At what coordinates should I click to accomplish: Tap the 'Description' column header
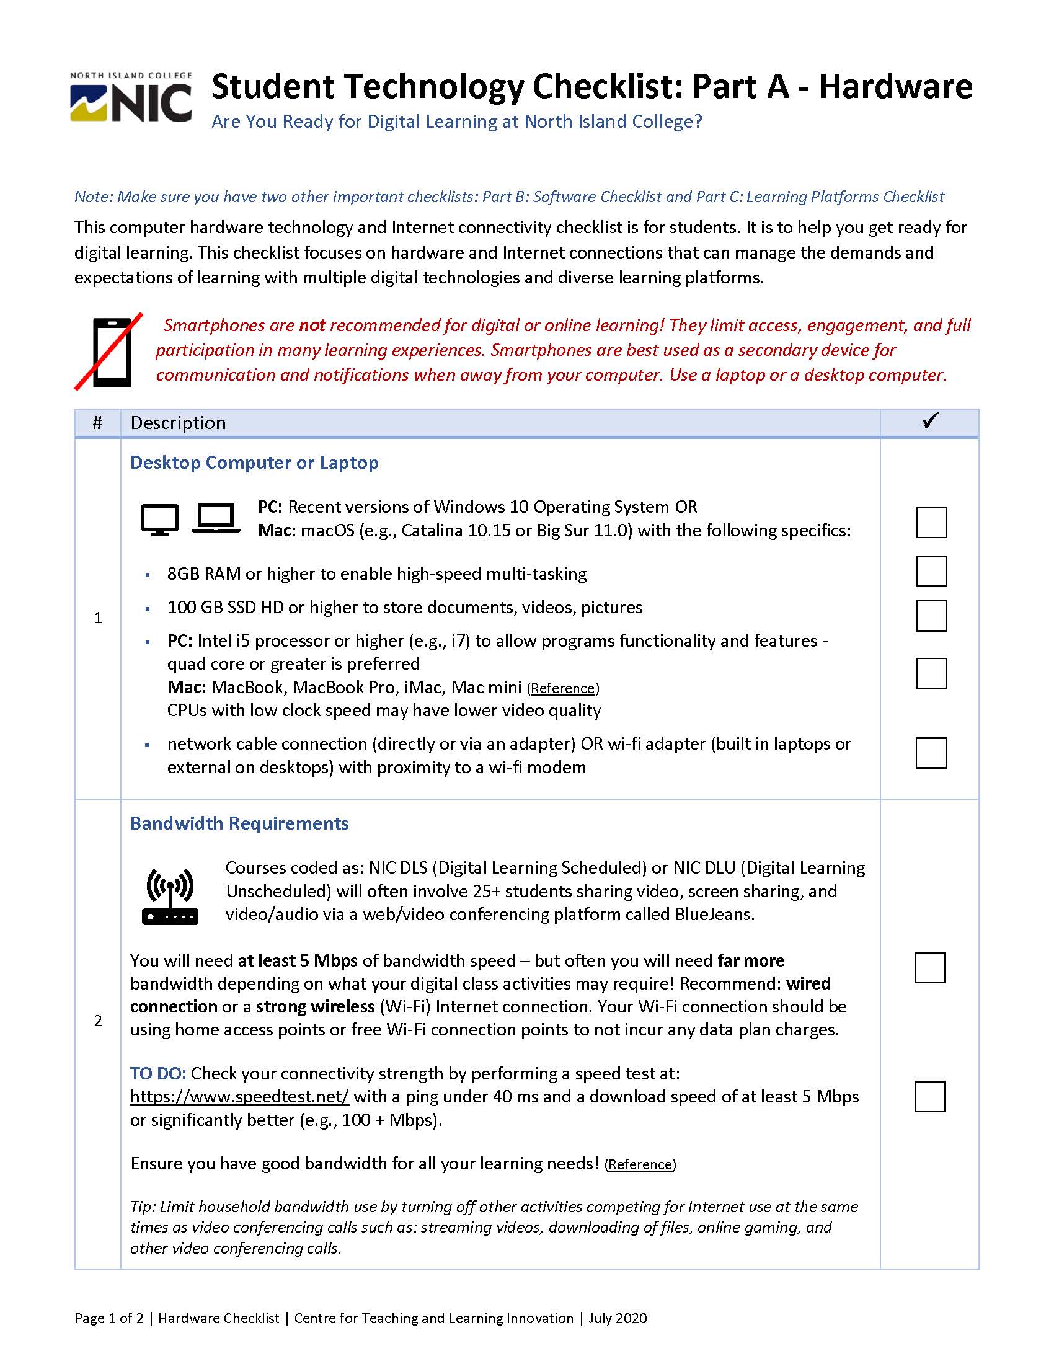[x=178, y=423]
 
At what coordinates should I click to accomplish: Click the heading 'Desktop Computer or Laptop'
[x=254, y=463]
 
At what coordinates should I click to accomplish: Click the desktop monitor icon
[x=159, y=519]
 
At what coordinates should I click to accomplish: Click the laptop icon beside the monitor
[x=216, y=518]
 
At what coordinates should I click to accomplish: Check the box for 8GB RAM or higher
[x=931, y=571]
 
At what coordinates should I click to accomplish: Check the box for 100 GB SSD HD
[x=931, y=616]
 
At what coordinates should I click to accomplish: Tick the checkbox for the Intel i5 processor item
[x=931, y=673]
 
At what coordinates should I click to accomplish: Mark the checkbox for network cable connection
[x=931, y=753]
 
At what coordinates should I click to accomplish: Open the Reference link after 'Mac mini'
[x=563, y=688]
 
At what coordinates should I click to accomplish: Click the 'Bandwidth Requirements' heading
[x=239, y=823]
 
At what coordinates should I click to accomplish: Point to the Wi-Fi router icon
[x=170, y=897]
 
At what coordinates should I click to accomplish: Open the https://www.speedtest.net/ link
[x=240, y=1096]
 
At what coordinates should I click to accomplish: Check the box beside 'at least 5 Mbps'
[x=929, y=967]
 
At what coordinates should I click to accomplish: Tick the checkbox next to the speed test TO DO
[x=929, y=1096]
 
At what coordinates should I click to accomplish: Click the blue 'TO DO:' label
[x=158, y=1073]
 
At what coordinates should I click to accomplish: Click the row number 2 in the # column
[x=98, y=1021]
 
